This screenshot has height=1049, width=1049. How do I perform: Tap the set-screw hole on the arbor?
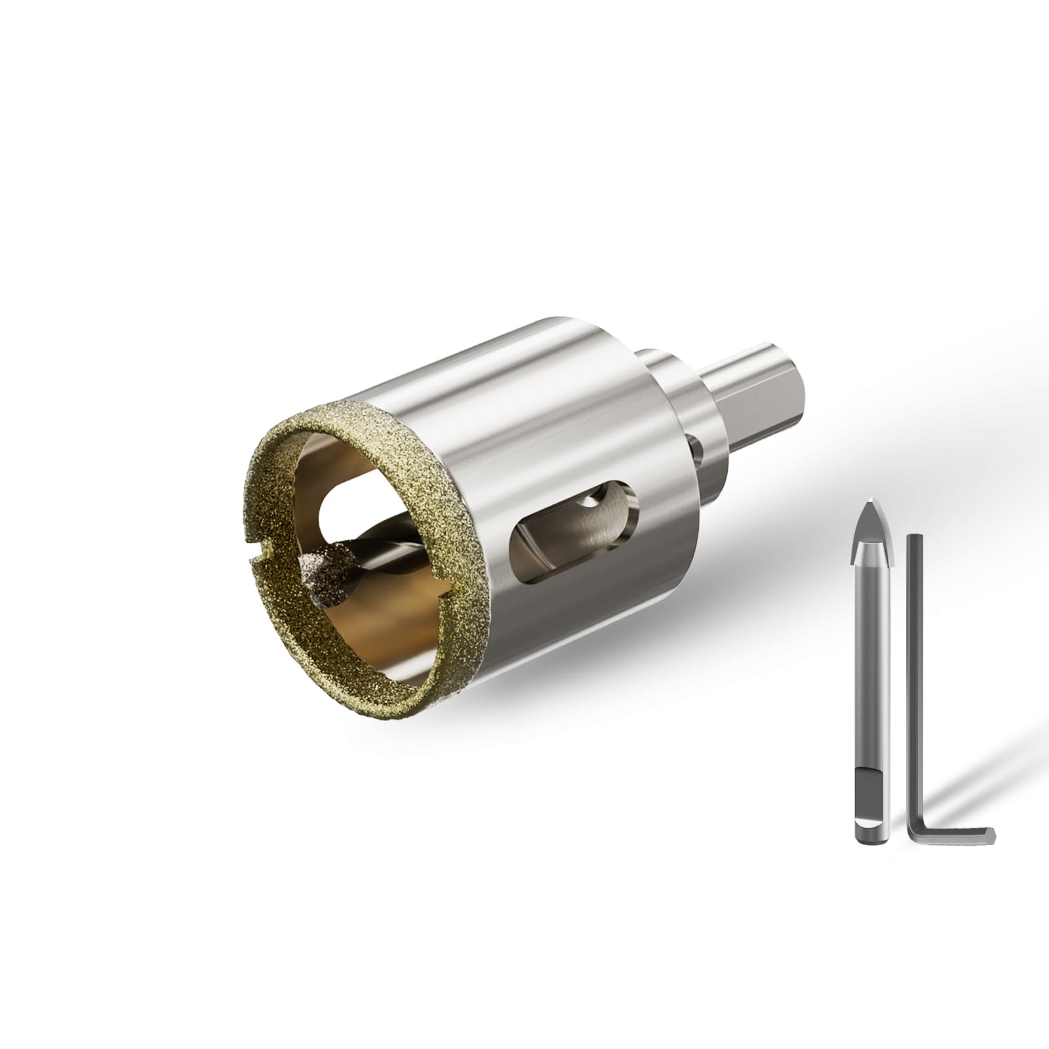696,453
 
